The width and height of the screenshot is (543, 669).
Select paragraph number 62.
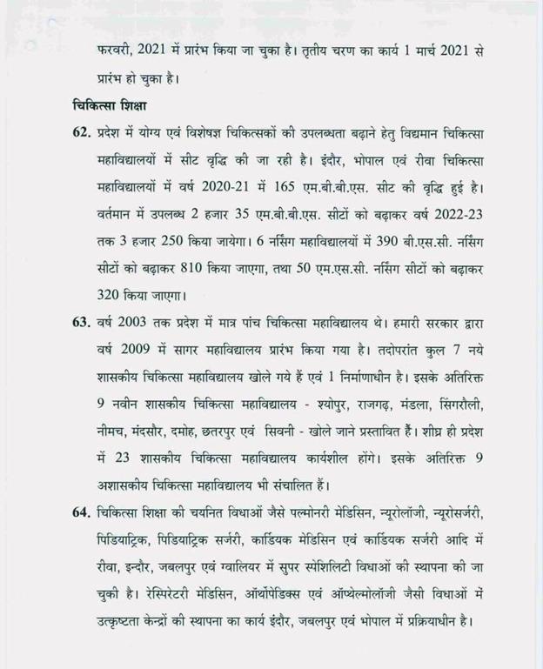(83, 137)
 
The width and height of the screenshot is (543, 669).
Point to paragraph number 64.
(83, 508)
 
